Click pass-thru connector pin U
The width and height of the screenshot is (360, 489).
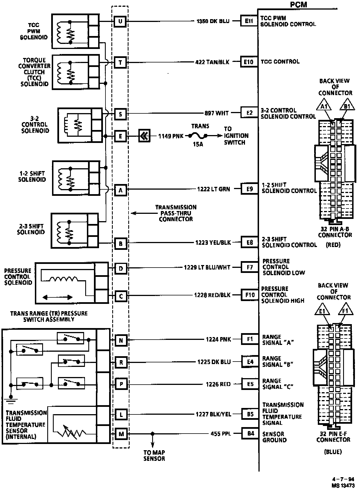(120, 21)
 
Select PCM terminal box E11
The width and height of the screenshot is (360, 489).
(249, 21)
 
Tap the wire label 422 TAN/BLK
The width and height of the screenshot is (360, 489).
(212, 62)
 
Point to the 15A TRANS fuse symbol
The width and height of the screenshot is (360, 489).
(198, 136)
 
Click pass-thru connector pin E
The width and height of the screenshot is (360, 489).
(120, 136)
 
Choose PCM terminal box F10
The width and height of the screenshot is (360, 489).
(250, 295)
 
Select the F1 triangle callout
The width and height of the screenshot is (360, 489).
(345, 311)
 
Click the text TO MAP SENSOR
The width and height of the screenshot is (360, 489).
(154, 456)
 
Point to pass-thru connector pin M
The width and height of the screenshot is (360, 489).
(121, 434)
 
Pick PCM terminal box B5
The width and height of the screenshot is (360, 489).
(250, 414)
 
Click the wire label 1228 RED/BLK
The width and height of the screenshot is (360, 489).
(212, 295)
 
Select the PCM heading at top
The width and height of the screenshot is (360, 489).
(298, 5)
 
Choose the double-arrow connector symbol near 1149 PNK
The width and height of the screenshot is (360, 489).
(144, 136)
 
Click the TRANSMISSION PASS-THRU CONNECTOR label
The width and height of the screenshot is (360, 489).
(176, 213)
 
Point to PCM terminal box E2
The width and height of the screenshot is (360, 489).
(249, 113)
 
